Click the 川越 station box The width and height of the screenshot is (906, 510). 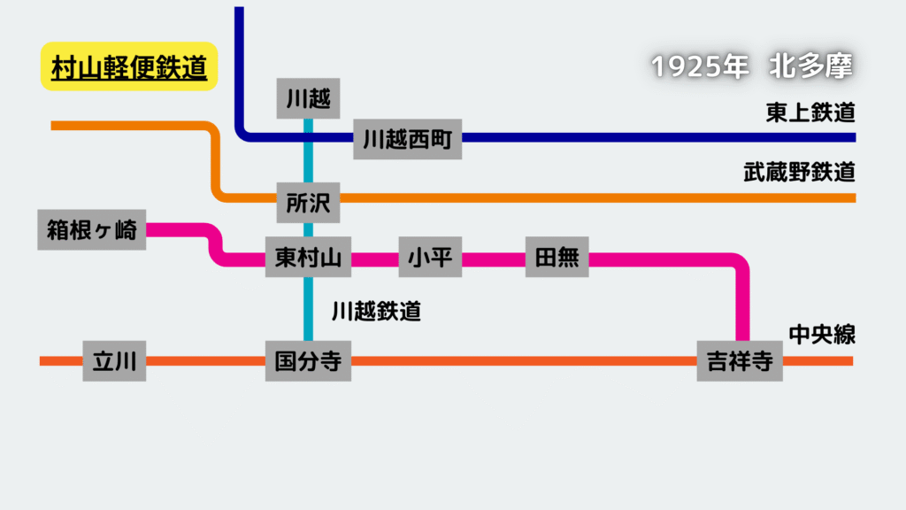[308, 98]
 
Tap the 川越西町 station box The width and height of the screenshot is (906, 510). [407, 139]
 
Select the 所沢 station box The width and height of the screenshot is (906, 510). [308, 203]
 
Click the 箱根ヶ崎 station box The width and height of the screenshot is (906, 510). [92, 229]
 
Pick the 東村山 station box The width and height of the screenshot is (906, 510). [308, 257]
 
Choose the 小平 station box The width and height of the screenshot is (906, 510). [430, 257]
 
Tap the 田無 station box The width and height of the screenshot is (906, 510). [557, 257]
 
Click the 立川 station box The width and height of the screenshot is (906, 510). [114, 361]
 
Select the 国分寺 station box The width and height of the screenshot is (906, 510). [308, 361]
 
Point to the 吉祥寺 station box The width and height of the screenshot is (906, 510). [740, 361]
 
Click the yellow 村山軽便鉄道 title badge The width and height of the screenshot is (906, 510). [129, 66]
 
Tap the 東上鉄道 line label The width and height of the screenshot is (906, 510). [810, 112]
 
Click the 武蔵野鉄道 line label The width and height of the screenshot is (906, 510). [799, 172]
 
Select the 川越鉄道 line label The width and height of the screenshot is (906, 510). [376, 311]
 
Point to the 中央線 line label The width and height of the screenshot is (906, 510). [822, 334]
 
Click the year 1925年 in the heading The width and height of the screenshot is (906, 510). [700, 66]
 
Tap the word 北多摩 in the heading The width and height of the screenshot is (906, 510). [810, 66]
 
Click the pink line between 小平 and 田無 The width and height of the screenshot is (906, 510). [494, 259]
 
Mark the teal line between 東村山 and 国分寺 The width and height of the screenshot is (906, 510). [309, 309]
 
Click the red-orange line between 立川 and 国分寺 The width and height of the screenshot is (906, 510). [205, 361]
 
